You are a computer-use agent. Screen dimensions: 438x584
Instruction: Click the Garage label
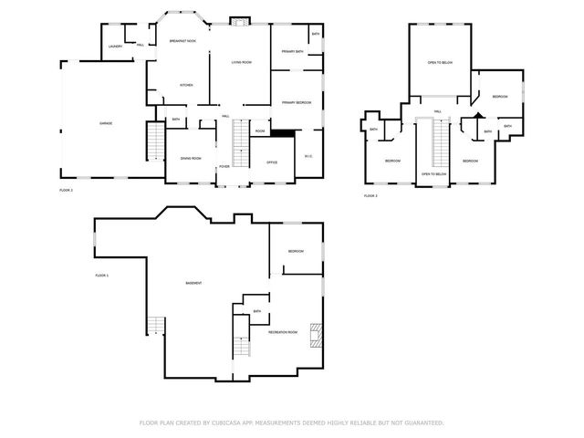click(106, 122)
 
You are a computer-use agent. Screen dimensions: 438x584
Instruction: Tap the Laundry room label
click(115, 46)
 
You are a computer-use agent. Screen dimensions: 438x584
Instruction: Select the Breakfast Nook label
click(183, 41)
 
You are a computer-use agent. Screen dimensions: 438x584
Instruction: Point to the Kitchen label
click(185, 85)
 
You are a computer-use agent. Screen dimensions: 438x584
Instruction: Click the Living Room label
click(241, 62)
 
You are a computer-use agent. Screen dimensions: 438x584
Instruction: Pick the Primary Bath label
click(292, 51)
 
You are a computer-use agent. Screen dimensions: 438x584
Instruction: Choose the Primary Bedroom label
click(296, 102)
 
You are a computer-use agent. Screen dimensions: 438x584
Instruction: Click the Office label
click(271, 162)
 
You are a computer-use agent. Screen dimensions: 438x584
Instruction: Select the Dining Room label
click(190, 158)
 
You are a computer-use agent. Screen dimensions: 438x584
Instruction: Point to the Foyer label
click(224, 167)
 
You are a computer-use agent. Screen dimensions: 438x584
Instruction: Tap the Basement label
click(193, 283)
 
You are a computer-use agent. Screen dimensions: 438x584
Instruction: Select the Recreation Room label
click(283, 332)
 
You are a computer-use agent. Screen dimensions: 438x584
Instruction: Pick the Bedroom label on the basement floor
click(296, 251)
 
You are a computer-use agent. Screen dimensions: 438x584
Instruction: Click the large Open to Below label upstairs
click(440, 62)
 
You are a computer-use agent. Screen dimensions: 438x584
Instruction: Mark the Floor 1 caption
click(101, 275)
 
